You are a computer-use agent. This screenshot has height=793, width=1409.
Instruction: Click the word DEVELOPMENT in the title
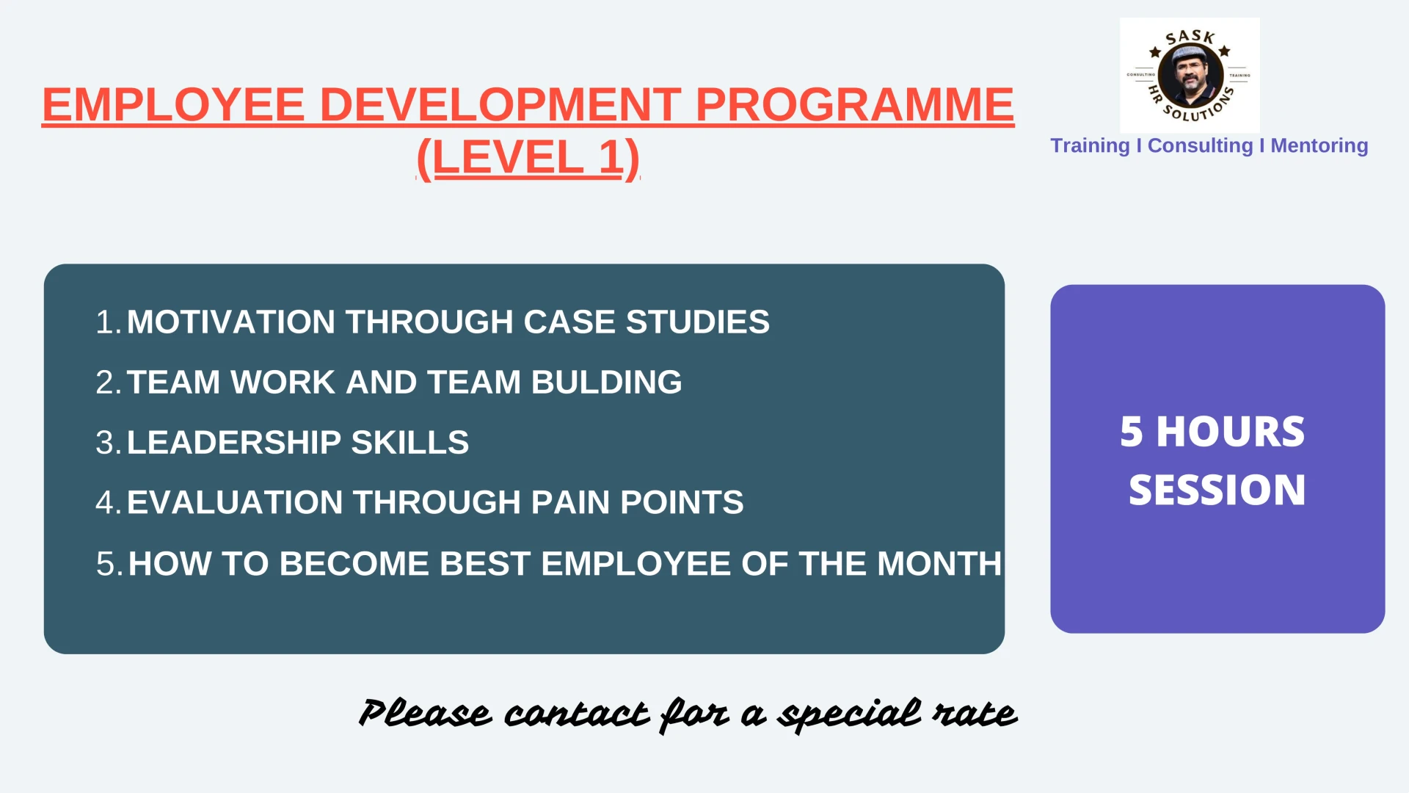coord(500,104)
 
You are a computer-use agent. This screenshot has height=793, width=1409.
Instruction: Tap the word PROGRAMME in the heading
coord(854,104)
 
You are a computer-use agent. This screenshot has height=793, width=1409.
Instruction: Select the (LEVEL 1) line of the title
coord(528,158)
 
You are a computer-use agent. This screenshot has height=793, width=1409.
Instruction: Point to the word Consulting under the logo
coord(1200,145)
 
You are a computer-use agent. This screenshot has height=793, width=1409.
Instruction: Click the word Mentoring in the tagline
coord(1319,145)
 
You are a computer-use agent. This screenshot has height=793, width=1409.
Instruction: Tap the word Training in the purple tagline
coord(1090,145)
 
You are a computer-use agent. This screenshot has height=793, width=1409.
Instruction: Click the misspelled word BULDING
coord(606,382)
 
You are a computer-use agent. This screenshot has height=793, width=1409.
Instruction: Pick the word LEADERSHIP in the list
coord(234,442)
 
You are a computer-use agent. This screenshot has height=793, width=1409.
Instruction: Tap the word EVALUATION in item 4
coord(235,502)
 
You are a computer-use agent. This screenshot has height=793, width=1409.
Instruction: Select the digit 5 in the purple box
coord(1131,431)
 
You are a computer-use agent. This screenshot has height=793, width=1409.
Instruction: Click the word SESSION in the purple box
coord(1217,490)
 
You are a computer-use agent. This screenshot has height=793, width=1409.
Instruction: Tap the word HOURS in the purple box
coord(1231,431)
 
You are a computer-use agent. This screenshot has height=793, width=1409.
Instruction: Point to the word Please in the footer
coord(425,713)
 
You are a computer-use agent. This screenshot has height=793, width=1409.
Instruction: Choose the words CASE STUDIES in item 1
coord(647,322)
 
